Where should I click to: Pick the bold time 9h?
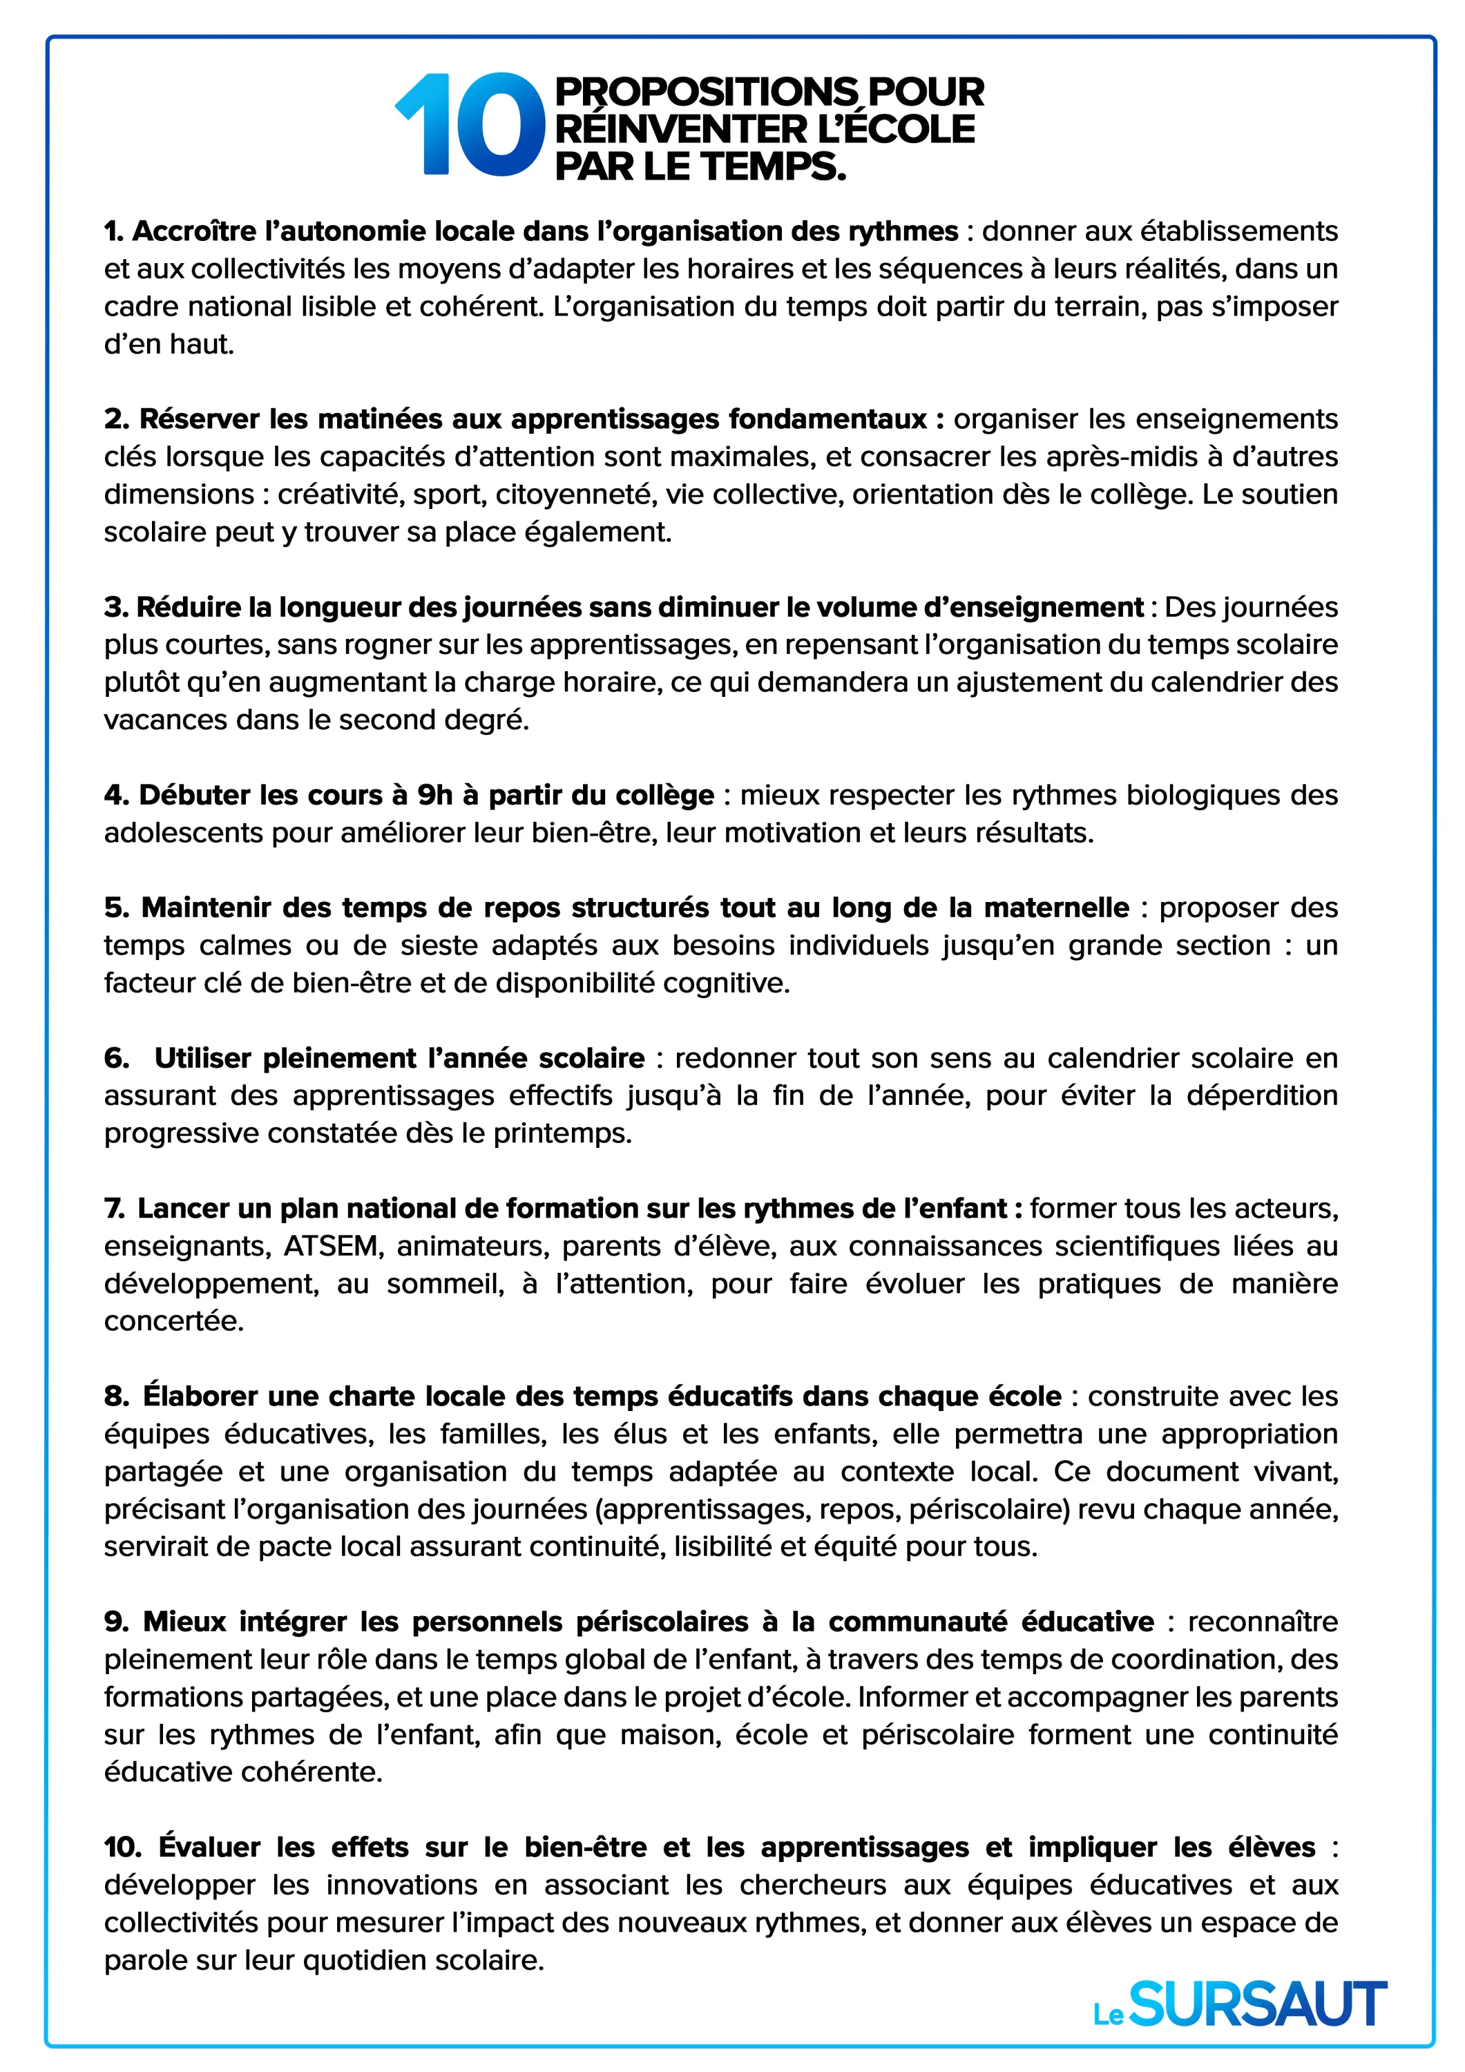tap(434, 795)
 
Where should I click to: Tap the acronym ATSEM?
tap(329, 1246)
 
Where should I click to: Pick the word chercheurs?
tap(798, 1886)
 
